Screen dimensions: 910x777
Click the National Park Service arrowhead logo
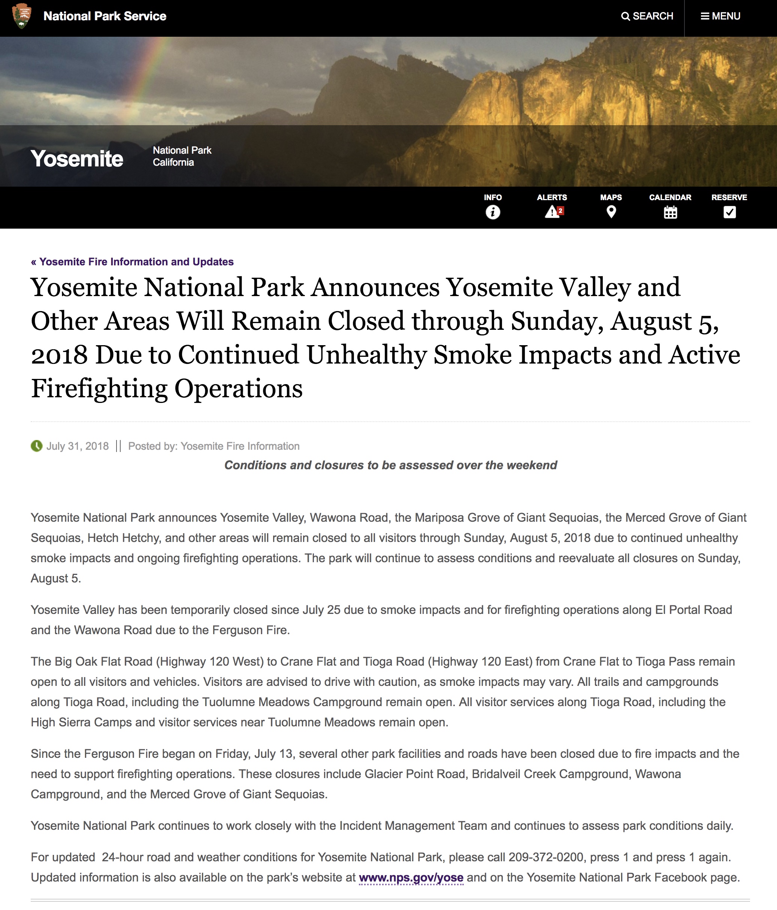coord(21,16)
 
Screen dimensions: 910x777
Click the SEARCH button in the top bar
coord(647,16)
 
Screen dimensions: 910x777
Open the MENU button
coord(720,16)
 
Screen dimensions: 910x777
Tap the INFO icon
coord(493,213)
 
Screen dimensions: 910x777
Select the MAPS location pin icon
coord(611,212)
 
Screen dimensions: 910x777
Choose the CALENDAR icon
coord(670,213)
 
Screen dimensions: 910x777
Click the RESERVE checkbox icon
coord(729,213)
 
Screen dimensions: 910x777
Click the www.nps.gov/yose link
coord(411,877)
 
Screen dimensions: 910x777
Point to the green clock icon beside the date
coord(36,446)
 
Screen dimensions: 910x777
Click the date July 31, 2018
coord(77,446)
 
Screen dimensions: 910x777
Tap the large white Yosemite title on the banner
coord(77,159)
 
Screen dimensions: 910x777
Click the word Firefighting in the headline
coord(99,389)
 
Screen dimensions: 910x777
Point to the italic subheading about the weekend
coord(390,465)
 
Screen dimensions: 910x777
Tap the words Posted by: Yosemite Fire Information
coord(214,446)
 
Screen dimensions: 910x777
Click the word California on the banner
coord(173,163)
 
